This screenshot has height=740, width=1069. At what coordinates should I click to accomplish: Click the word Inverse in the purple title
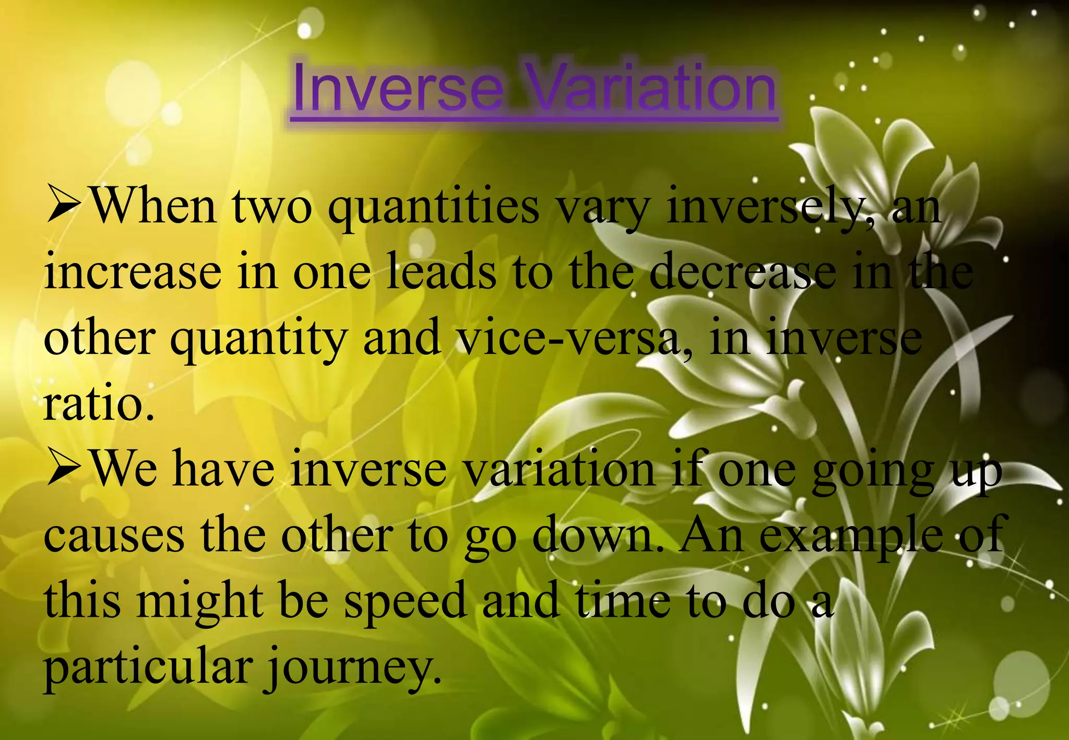tap(397, 88)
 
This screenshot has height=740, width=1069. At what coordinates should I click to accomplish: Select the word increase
tap(133, 273)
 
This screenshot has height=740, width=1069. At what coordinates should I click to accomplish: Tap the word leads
tap(442, 273)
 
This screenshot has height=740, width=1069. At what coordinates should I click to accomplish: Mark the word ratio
tap(98, 404)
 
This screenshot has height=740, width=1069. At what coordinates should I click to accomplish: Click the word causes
tap(114, 536)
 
